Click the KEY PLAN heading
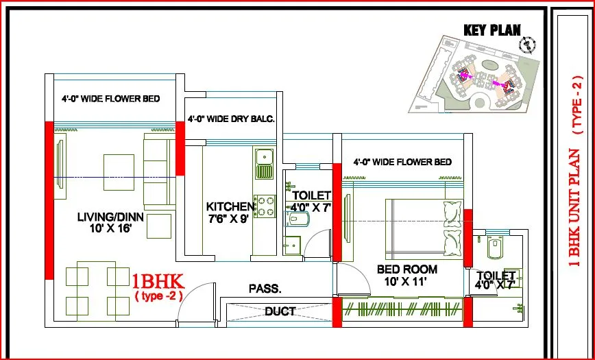pyautogui.click(x=491, y=30)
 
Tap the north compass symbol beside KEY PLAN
pyautogui.click(x=527, y=45)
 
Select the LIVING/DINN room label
pyautogui.click(x=110, y=217)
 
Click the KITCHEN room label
pyautogui.click(x=231, y=206)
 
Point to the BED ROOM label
pyautogui.click(x=407, y=269)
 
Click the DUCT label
pyautogui.click(x=280, y=311)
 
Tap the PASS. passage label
pyautogui.click(x=265, y=289)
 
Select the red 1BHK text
pyautogui.click(x=157, y=281)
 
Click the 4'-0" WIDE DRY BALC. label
pyautogui.click(x=231, y=119)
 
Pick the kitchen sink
pyautogui.click(x=263, y=163)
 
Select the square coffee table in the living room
pyautogui.click(x=119, y=168)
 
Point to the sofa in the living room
pyautogui.click(x=155, y=169)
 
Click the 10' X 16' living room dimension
pyautogui.click(x=110, y=230)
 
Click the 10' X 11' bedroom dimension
pyautogui.click(x=407, y=281)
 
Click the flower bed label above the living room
pyautogui.click(x=110, y=99)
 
